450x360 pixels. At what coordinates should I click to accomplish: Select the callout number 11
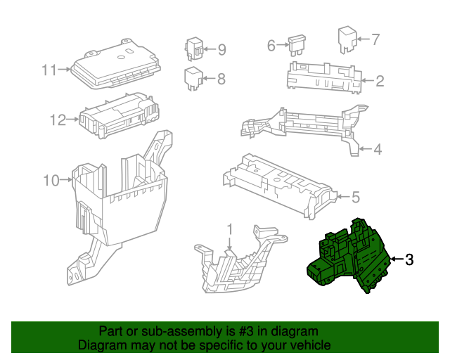[50, 70]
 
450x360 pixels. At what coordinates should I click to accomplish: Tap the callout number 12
[58, 120]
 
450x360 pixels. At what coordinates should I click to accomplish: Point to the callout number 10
[51, 181]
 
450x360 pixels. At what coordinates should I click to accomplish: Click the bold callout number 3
[409, 259]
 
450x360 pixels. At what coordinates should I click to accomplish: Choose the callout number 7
[375, 39]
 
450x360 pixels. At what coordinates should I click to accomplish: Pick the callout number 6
[271, 46]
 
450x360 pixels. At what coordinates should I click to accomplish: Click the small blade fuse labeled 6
[297, 46]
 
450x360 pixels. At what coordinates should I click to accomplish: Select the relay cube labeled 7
[347, 39]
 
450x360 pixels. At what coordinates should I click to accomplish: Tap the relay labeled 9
[194, 49]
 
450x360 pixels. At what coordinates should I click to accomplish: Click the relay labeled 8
[194, 78]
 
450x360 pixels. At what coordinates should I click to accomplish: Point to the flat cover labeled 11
[115, 64]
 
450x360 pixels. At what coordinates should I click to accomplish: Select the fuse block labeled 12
[119, 115]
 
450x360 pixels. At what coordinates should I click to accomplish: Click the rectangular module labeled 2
[324, 77]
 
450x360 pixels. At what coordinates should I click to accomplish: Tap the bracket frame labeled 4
[304, 127]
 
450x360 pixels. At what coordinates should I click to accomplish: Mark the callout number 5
[356, 197]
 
